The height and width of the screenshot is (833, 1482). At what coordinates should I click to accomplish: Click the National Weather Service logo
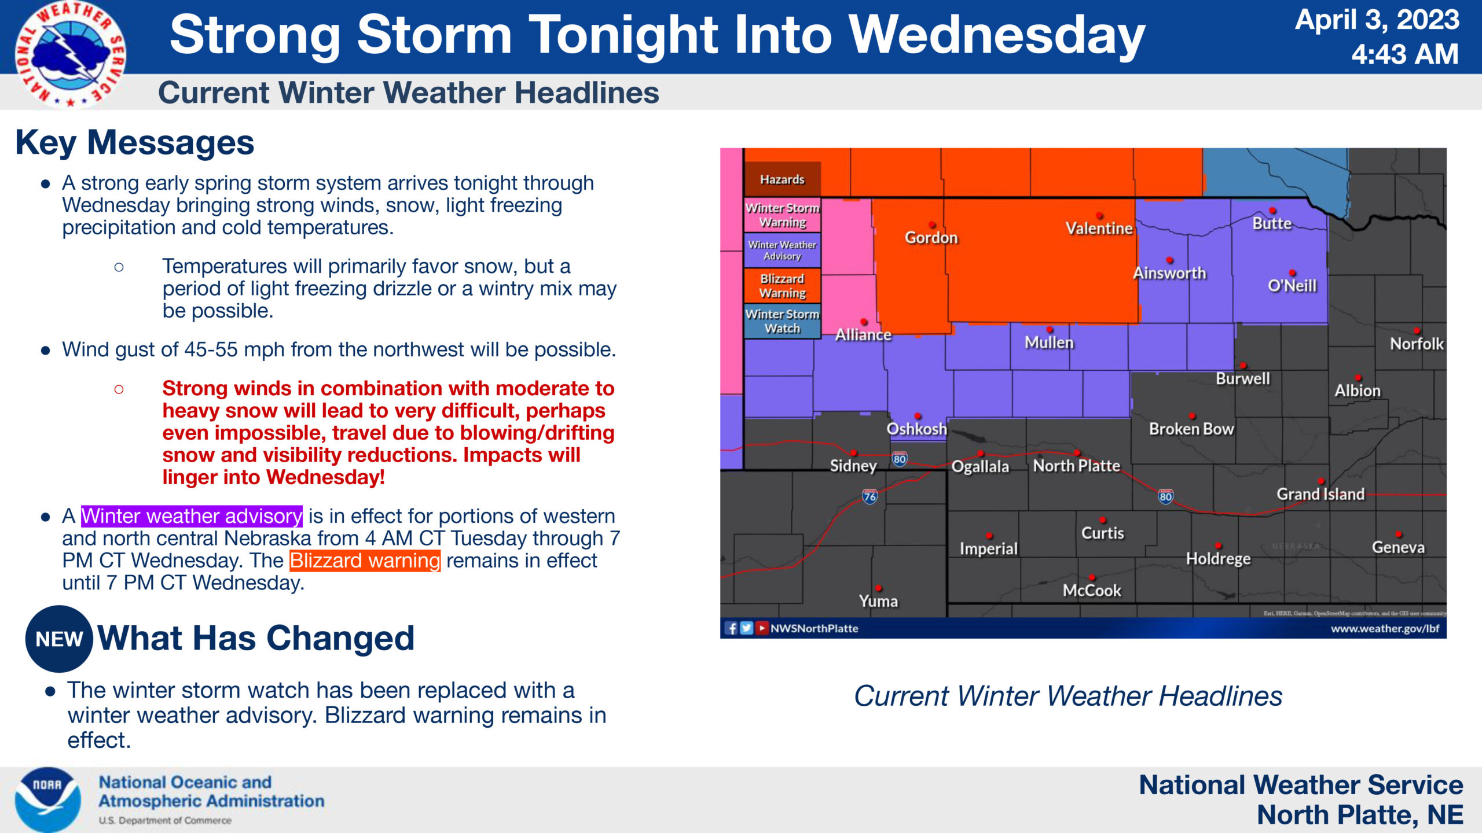click(x=70, y=54)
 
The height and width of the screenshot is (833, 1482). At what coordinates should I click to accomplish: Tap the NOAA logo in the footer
click(x=47, y=799)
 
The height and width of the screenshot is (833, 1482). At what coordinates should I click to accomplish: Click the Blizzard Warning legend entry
click(x=782, y=286)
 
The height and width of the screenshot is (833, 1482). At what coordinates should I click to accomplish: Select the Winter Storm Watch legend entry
click(x=782, y=321)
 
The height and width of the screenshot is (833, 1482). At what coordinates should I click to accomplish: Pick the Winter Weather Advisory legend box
click(x=782, y=250)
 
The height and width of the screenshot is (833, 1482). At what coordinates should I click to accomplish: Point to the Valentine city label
click(x=1099, y=228)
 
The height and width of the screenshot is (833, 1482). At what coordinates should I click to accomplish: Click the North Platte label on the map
click(x=1076, y=466)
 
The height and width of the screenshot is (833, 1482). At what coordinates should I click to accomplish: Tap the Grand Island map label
click(x=1320, y=494)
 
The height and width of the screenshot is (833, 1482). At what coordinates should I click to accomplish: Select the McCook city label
click(x=1092, y=591)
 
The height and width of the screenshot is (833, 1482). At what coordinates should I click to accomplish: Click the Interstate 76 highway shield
click(x=870, y=496)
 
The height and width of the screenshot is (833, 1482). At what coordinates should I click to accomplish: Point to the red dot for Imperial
click(x=989, y=536)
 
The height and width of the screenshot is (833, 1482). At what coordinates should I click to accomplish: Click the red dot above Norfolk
click(x=1417, y=331)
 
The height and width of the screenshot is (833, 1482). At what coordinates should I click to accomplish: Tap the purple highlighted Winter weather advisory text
click(x=192, y=515)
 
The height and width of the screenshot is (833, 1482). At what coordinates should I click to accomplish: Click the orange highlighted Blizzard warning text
click(x=365, y=561)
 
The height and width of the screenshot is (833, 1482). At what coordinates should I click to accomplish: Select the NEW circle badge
click(x=59, y=639)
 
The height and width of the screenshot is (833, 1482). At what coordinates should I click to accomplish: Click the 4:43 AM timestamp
click(x=1404, y=54)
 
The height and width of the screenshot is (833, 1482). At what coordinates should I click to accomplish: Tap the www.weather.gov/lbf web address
click(x=1385, y=628)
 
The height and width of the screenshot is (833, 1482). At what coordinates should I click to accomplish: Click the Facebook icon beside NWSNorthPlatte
click(x=731, y=628)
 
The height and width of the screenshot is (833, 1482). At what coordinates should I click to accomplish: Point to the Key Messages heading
click(x=135, y=142)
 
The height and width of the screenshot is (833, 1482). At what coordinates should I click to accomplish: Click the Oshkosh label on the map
click(x=916, y=429)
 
